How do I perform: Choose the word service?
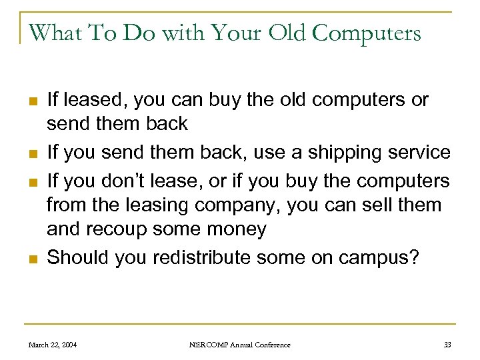tap(417, 153)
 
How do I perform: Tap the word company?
tap(230, 206)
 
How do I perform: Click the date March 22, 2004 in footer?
tap(52, 345)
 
